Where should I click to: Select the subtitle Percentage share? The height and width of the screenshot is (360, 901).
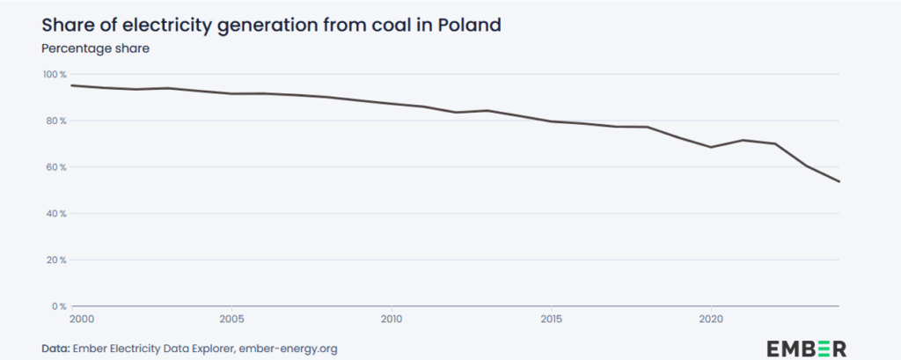[x=96, y=48]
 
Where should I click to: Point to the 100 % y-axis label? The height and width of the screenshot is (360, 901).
[x=55, y=74]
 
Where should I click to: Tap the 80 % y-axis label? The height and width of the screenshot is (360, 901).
[x=56, y=121]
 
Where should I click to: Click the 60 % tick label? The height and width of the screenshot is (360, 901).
[x=56, y=167]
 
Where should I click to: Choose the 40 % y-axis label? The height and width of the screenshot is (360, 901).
[x=56, y=214]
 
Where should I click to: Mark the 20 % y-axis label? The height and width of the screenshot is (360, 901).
[x=56, y=260]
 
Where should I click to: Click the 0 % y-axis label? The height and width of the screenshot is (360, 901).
[x=58, y=306]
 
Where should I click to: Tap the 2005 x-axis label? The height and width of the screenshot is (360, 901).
[x=231, y=319]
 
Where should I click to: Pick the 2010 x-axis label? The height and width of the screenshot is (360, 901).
[x=391, y=319]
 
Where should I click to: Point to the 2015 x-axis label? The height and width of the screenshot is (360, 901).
[x=551, y=319]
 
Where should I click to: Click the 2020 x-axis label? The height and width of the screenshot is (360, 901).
[x=711, y=319]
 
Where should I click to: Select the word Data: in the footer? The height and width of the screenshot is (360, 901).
[x=57, y=349]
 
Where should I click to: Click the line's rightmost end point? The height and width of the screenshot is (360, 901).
[x=839, y=181]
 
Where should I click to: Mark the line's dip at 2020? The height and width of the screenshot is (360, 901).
[x=711, y=147]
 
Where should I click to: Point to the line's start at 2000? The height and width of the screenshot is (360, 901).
[x=71, y=85]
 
